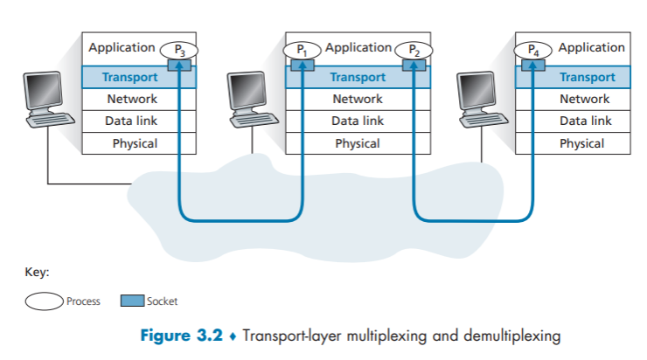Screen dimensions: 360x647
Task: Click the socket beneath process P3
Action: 184,64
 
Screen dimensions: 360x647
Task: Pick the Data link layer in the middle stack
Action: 357,121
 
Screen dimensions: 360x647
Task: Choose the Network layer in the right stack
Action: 584,99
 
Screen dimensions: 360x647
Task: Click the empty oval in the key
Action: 43,301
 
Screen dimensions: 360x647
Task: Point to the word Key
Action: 35,272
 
